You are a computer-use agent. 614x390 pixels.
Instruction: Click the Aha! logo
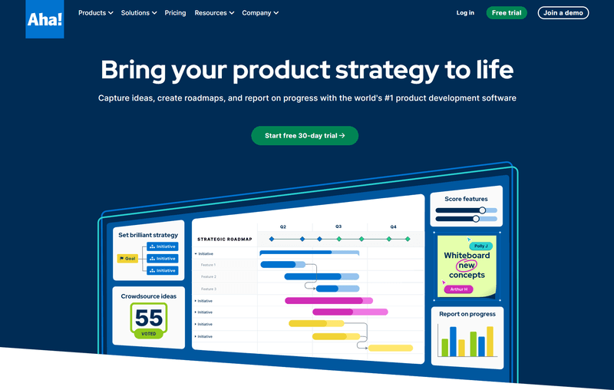click(45, 19)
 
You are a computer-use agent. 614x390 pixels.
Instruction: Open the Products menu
click(96, 13)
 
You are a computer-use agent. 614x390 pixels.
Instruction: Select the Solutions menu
click(139, 13)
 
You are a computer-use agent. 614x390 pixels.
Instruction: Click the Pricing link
click(175, 13)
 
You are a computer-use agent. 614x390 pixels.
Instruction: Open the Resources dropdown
click(214, 13)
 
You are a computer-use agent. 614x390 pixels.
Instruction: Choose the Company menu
click(260, 13)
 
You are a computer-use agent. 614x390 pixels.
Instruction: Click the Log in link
click(465, 13)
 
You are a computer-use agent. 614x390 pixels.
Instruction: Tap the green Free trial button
click(507, 13)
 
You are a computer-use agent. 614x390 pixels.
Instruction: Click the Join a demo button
click(564, 13)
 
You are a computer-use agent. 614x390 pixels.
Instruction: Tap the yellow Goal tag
click(127, 259)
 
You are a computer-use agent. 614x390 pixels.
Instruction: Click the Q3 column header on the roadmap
click(338, 226)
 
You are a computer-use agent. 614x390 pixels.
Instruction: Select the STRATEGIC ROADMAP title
click(224, 240)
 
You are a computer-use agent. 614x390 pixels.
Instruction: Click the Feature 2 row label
click(209, 276)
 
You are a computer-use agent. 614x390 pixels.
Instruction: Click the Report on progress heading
click(467, 314)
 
